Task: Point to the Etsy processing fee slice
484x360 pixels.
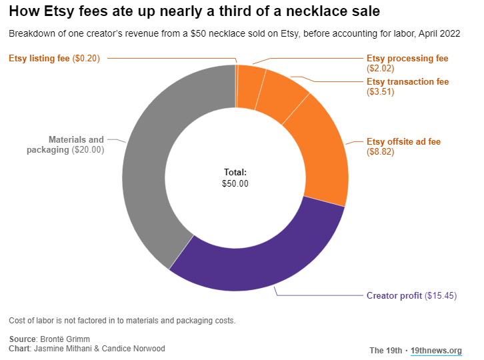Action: [251, 85]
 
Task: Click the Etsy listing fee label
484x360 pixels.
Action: [39, 58]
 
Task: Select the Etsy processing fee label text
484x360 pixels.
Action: [407, 59]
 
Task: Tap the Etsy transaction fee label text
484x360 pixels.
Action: [407, 82]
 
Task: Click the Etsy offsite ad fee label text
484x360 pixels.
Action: [403, 142]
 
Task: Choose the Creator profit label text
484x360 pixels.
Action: [394, 295]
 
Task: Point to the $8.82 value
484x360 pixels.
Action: [381, 152]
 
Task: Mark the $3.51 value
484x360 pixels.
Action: [381, 92]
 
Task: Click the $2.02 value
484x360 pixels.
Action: [381, 69]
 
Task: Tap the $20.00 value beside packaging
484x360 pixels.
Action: [89, 150]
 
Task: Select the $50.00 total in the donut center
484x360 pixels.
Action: [235, 183]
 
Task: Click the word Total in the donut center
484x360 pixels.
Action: [235, 172]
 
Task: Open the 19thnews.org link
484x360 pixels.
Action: [436, 351]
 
